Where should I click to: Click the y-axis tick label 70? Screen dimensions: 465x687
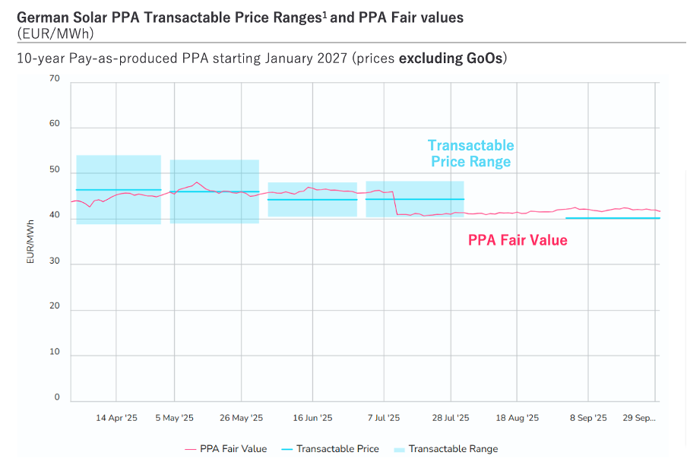click(54, 78)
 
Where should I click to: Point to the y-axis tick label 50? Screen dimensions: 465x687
click(54, 169)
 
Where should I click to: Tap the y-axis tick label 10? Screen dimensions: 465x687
click(54, 352)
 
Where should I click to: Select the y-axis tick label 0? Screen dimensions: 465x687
click(56, 397)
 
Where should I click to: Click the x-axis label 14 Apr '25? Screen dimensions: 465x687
click(116, 418)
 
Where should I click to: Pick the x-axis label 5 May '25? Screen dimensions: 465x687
click(174, 418)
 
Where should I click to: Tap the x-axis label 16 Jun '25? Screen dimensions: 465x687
click(312, 418)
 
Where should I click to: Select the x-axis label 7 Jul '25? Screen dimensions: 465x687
click(384, 418)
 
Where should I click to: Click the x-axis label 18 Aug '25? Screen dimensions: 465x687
click(517, 418)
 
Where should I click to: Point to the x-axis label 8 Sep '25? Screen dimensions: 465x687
click(587, 418)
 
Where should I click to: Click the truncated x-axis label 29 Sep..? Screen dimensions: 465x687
click(640, 418)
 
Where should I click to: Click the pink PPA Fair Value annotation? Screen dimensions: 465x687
click(518, 240)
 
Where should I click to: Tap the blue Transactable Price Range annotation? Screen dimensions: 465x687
click(470, 153)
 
